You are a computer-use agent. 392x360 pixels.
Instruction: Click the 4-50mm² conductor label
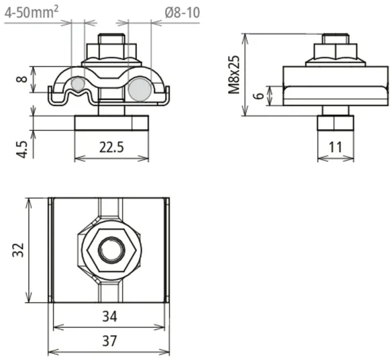click(32, 12)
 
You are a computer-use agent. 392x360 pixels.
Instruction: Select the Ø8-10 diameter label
click(183, 12)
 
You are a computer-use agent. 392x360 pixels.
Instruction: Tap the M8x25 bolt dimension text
click(234, 75)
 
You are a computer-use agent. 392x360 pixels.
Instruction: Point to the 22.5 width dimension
click(111, 147)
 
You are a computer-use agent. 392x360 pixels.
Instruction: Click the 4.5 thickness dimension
click(22, 149)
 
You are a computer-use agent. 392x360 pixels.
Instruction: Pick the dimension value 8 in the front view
click(22, 79)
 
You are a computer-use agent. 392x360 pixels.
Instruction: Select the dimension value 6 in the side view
click(260, 95)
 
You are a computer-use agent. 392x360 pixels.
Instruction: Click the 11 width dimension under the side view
click(335, 147)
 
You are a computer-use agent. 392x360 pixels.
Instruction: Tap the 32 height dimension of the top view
click(19, 250)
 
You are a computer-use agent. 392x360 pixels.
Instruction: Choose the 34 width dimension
click(109, 317)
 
